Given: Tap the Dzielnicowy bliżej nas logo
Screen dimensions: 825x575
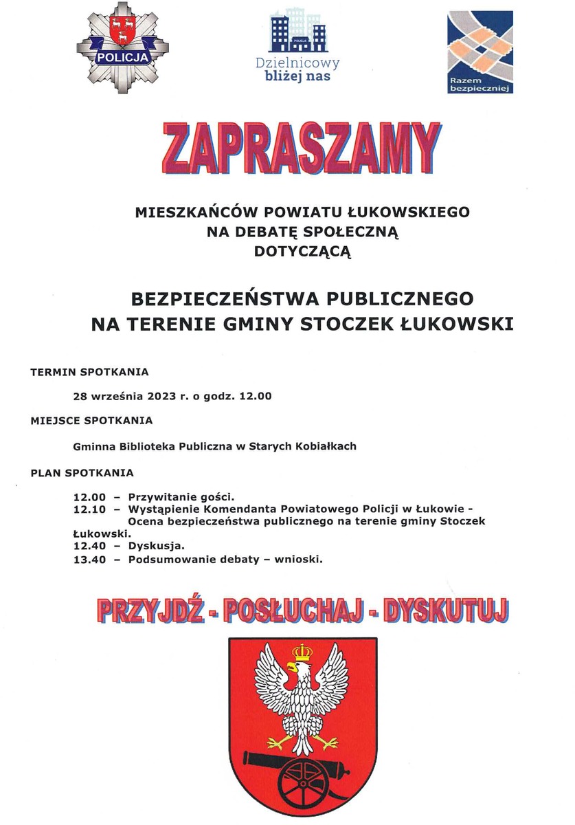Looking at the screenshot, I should (297, 46).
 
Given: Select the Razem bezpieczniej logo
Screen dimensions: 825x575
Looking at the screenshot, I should (480, 52).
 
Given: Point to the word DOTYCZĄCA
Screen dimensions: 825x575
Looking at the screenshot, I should (302, 252).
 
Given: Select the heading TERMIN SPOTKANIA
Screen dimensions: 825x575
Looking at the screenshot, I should (89, 373).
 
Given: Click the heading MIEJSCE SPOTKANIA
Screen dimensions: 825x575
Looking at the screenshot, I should (91, 420).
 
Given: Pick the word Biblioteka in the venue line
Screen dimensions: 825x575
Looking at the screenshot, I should (149, 446).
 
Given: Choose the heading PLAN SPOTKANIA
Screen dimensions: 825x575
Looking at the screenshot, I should (82, 473).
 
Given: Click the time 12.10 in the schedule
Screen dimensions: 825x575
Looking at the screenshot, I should (88, 509).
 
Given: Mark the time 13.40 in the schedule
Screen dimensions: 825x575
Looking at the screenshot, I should (88, 560).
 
